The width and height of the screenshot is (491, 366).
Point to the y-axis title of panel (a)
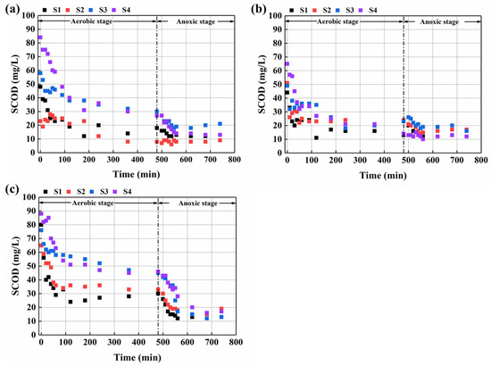coord(8,79)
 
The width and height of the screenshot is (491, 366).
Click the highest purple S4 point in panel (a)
coord(40,37)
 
